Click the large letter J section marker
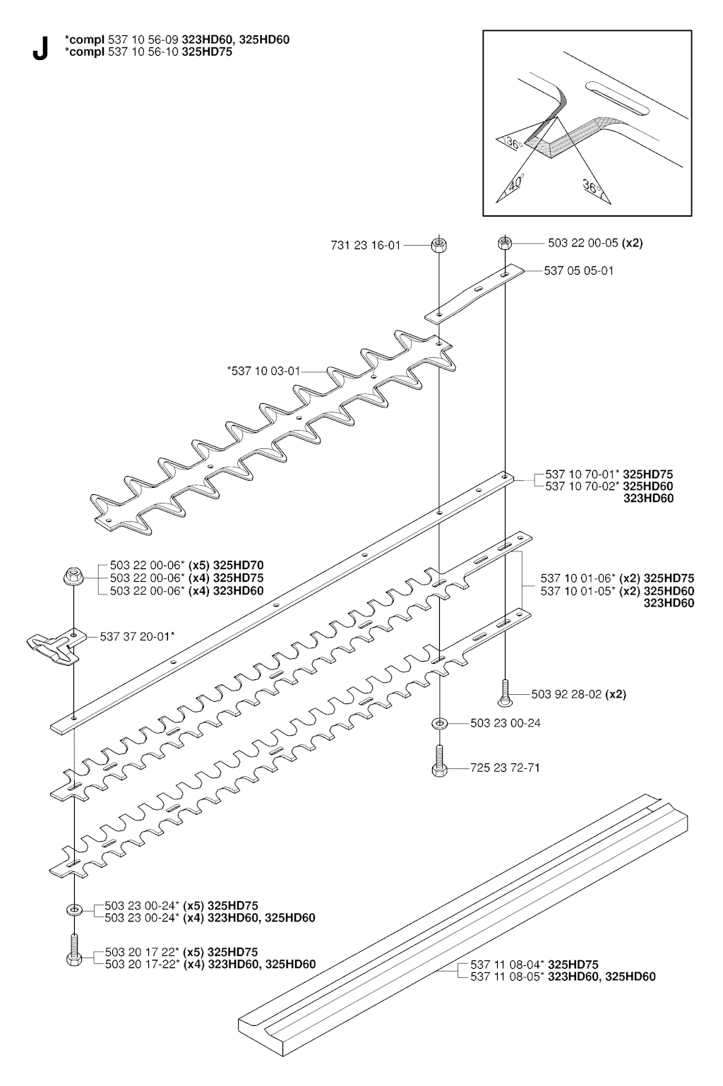click(x=40, y=49)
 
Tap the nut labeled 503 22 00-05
click(x=504, y=242)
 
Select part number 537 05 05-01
click(x=578, y=271)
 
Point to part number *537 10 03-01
click(x=264, y=371)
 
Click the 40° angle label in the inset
click(x=516, y=183)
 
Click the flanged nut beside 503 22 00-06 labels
click(x=73, y=576)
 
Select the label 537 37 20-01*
click(x=137, y=637)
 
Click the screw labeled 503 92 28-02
click(x=506, y=694)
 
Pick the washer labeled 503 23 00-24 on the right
click(x=439, y=723)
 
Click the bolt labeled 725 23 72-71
click(x=439, y=761)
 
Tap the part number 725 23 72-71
click(x=505, y=768)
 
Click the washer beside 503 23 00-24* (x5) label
click(x=73, y=909)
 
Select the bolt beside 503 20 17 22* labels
click(x=73, y=950)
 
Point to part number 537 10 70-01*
click(x=582, y=475)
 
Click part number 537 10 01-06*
click(x=578, y=578)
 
